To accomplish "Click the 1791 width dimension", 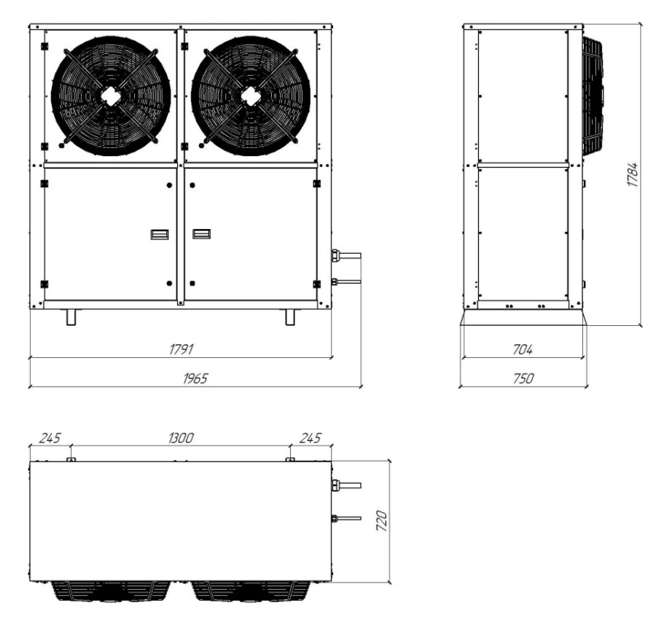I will [180, 349].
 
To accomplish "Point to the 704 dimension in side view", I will [522, 350].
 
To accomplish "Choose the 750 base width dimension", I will [523, 378].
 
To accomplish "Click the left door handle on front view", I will [159, 234].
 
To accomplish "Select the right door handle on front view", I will [201, 234].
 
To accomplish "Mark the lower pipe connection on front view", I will [345, 280].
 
